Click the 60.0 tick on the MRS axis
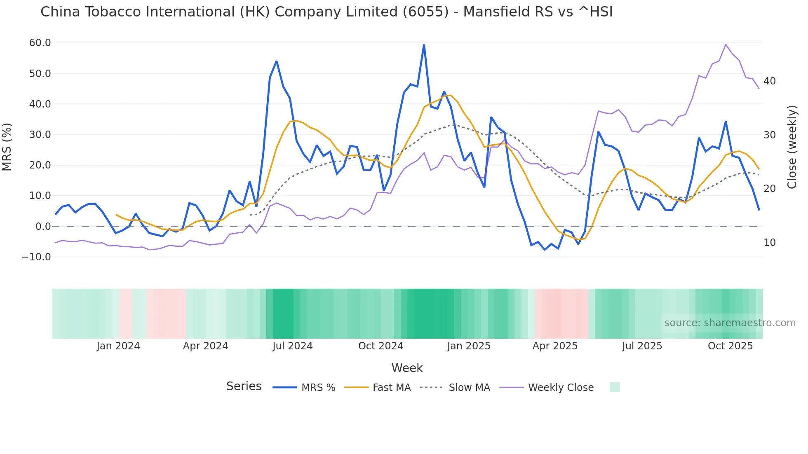(x=40, y=43)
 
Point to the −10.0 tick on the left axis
(x=36, y=257)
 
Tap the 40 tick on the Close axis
(x=769, y=81)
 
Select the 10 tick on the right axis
(x=769, y=243)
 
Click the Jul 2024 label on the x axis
(x=292, y=346)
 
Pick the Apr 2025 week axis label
(x=555, y=346)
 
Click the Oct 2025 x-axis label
(x=730, y=346)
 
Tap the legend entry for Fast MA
(x=391, y=388)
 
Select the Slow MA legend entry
(x=469, y=388)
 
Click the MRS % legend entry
(x=318, y=388)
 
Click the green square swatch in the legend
(x=614, y=387)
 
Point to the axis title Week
(x=407, y=368)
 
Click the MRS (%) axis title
(x=7, y=147)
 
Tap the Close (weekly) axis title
(x=792, y=147)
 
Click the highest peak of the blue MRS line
(x=424, y=44)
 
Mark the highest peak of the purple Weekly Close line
(x=726, y=44)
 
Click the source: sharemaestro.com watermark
(x=730, y=323)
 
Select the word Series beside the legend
(x=244, y=386)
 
